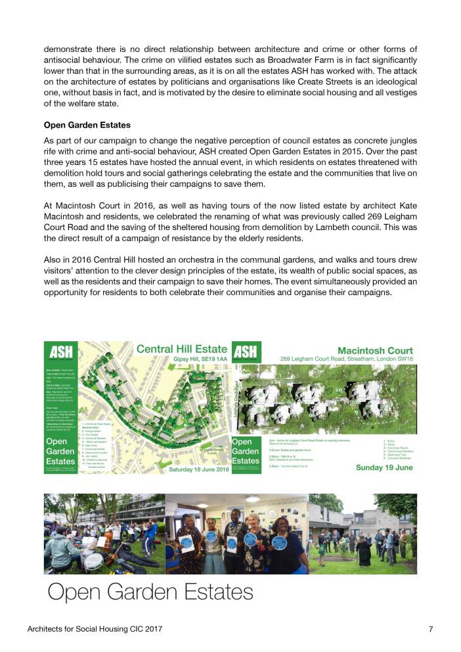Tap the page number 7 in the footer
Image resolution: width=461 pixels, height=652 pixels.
(x=431, y=629)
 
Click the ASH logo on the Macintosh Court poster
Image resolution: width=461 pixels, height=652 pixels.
(x=247, y=353)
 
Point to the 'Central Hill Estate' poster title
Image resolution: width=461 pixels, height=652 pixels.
(x=182, y=349)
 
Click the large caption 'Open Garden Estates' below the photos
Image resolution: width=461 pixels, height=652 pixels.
(x=150, y=592)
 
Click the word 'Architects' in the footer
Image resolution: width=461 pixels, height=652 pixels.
(x=49, y=629)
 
